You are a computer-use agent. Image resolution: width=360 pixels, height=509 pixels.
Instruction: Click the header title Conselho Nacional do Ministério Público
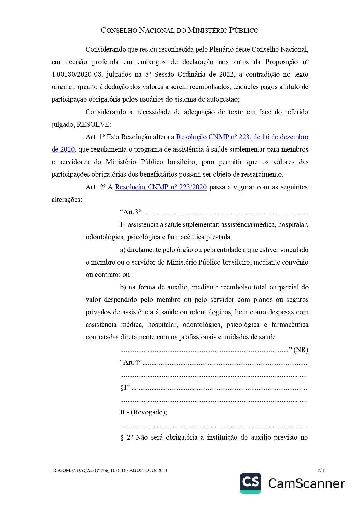coord(180,30)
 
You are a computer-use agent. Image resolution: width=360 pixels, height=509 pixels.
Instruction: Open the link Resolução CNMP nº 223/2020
coord(161,187)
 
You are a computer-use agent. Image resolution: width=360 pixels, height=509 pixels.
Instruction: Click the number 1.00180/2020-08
coord(77,74)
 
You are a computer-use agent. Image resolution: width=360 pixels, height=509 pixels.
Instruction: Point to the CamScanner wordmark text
coord(306,483)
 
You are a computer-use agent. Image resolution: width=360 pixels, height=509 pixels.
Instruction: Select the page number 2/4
coord(321,470)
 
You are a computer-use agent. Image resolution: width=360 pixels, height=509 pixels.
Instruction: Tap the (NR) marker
coord(301,350)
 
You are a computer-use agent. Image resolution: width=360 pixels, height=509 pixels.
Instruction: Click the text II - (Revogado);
coord(143,412)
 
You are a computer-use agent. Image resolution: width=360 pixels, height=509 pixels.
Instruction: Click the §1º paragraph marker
coord(125,387)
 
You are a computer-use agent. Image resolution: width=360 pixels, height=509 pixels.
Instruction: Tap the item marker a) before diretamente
coord(123,250)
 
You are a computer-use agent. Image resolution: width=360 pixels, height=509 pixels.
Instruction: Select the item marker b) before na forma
coord(123,287)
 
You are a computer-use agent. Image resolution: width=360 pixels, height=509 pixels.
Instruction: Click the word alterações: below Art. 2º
coord(67,200)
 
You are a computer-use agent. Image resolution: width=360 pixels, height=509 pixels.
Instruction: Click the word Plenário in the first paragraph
coord(221,49)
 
